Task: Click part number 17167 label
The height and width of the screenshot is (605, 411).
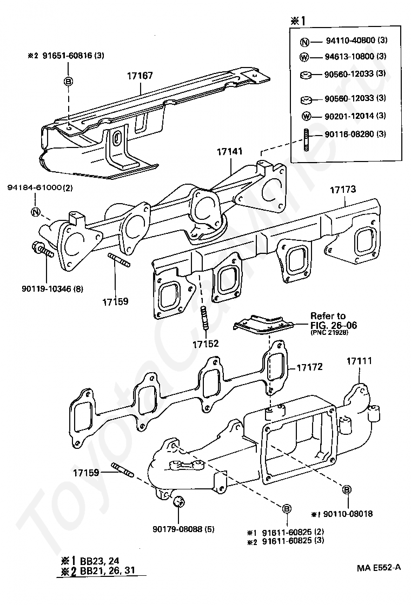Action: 140,76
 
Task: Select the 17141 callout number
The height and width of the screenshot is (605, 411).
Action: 229,151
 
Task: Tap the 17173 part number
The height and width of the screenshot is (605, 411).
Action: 343,190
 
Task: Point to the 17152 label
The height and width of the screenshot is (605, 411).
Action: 205,344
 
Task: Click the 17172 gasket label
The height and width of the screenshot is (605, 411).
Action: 310,367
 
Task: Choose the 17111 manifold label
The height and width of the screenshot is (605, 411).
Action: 359,361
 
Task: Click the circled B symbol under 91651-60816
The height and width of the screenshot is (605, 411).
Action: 68,82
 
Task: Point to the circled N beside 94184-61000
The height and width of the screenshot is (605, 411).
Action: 36,212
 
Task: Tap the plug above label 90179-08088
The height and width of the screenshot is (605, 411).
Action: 178,502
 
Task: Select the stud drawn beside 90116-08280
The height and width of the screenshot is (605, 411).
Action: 306,140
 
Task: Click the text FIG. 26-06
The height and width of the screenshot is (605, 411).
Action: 334,325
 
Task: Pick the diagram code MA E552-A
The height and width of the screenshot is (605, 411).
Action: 379,568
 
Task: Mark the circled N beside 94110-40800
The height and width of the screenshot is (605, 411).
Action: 305,42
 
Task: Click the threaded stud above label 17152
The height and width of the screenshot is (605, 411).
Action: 204,318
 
